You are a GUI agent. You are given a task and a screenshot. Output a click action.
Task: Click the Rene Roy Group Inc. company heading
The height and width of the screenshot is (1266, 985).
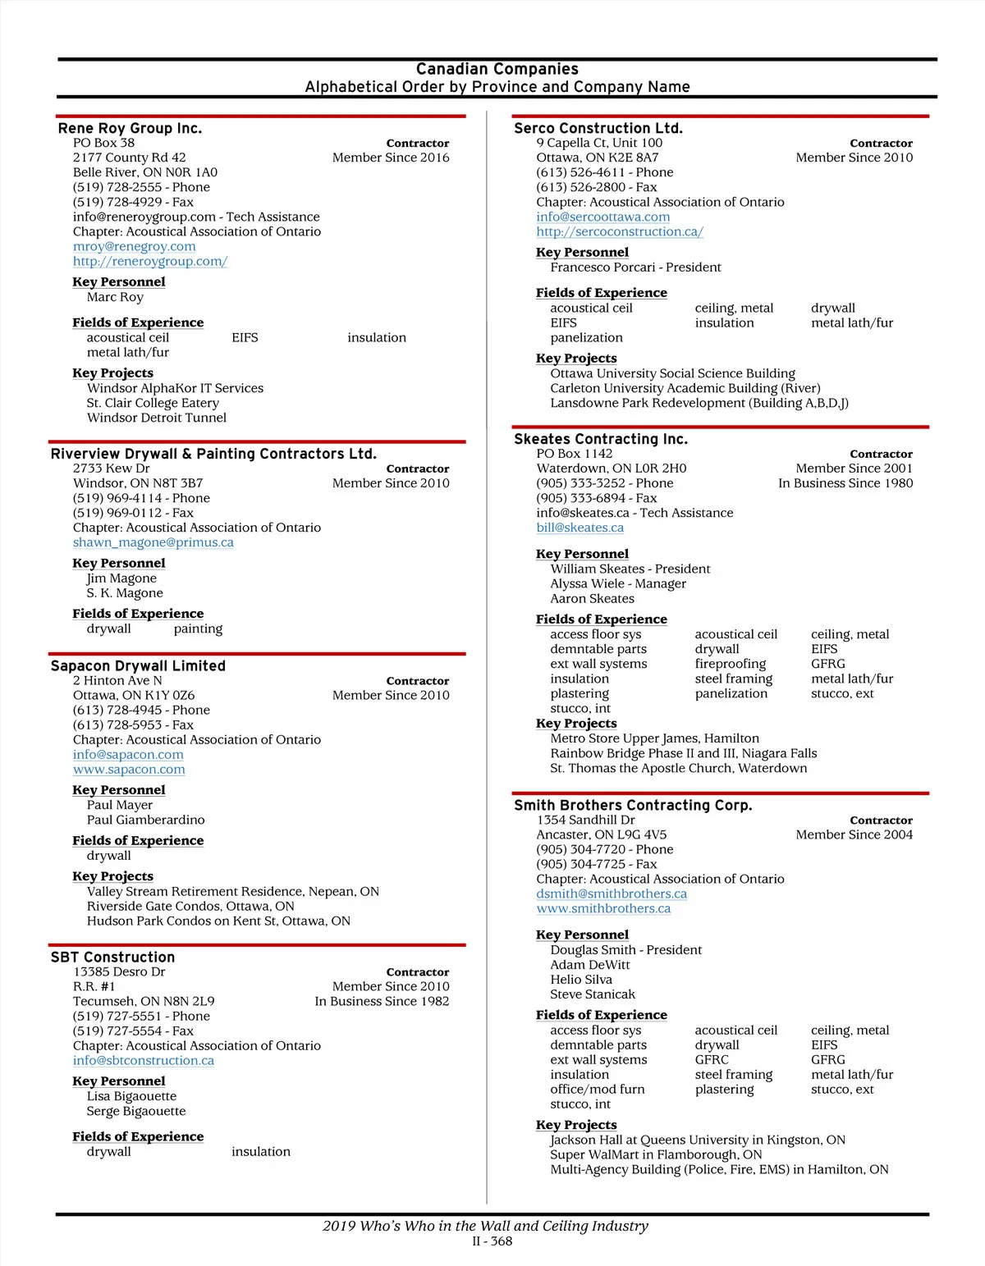click(x=130, y=128)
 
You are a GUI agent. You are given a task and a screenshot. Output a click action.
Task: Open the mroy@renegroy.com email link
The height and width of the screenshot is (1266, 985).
click(x=134, y=246)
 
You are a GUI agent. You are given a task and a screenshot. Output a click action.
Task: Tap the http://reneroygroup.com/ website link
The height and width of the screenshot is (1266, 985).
click(x=149, y=261)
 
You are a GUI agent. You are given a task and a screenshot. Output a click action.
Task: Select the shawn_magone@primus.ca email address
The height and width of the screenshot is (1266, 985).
click(x=153, y=542)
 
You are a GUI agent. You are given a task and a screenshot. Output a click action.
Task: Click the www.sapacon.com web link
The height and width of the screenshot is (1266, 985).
click(x=129, y=770)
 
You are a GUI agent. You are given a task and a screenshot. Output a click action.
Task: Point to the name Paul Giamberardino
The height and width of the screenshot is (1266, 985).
click(x=145, y=820)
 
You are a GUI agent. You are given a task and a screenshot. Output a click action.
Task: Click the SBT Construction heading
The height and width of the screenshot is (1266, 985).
click(x=112, y=957)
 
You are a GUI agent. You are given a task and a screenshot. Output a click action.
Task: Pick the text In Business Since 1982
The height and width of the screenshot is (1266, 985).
click(x=382, y=1001)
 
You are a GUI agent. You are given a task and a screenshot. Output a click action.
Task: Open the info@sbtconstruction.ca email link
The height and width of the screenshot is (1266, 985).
click(x=143, y=1060)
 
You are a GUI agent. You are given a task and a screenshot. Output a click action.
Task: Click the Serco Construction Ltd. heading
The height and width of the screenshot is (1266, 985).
click(x=598, y=128)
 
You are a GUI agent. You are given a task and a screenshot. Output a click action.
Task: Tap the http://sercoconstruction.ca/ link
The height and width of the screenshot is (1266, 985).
click(x=620, y=231)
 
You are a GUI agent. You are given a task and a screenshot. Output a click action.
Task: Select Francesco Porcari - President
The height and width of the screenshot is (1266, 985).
click(x=635, y=267)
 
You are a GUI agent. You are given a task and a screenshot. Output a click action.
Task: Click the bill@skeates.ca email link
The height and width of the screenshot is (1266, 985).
click(x=580, y=528)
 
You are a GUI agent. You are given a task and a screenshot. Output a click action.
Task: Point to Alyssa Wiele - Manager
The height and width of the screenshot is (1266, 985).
click(x=618, y=583)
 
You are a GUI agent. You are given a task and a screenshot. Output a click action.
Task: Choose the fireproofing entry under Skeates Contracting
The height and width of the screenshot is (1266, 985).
click(x=730, y=664)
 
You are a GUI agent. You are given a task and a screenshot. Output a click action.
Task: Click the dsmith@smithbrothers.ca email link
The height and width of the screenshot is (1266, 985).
click(x=612, y=894)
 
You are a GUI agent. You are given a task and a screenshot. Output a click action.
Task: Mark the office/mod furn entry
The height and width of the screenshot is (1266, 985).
click(x=597, y=1090)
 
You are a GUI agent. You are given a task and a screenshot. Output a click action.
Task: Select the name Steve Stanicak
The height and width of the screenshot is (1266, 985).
click(x=592, y=994)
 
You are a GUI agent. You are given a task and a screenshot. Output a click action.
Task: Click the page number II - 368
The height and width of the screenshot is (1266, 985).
click(x=492, y=1241)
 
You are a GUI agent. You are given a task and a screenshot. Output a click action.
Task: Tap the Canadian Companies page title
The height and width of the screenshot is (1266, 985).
click(x=497, y=69)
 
